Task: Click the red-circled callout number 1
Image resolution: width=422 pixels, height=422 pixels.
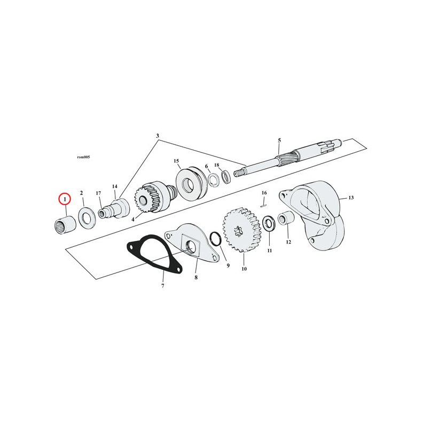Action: [x=65, y=199]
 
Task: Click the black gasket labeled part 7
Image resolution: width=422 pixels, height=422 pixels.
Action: [x=154, y=254]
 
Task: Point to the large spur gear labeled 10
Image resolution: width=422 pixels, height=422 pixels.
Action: [x=241, y=229]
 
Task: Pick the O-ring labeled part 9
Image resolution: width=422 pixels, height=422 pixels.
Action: [x=215, y=238]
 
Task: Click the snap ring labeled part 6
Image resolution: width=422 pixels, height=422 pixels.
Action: [x=214, y=179]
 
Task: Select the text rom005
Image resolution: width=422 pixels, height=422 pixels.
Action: [x=83, y=157]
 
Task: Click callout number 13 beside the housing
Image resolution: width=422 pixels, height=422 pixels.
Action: [x=351, y=198]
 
